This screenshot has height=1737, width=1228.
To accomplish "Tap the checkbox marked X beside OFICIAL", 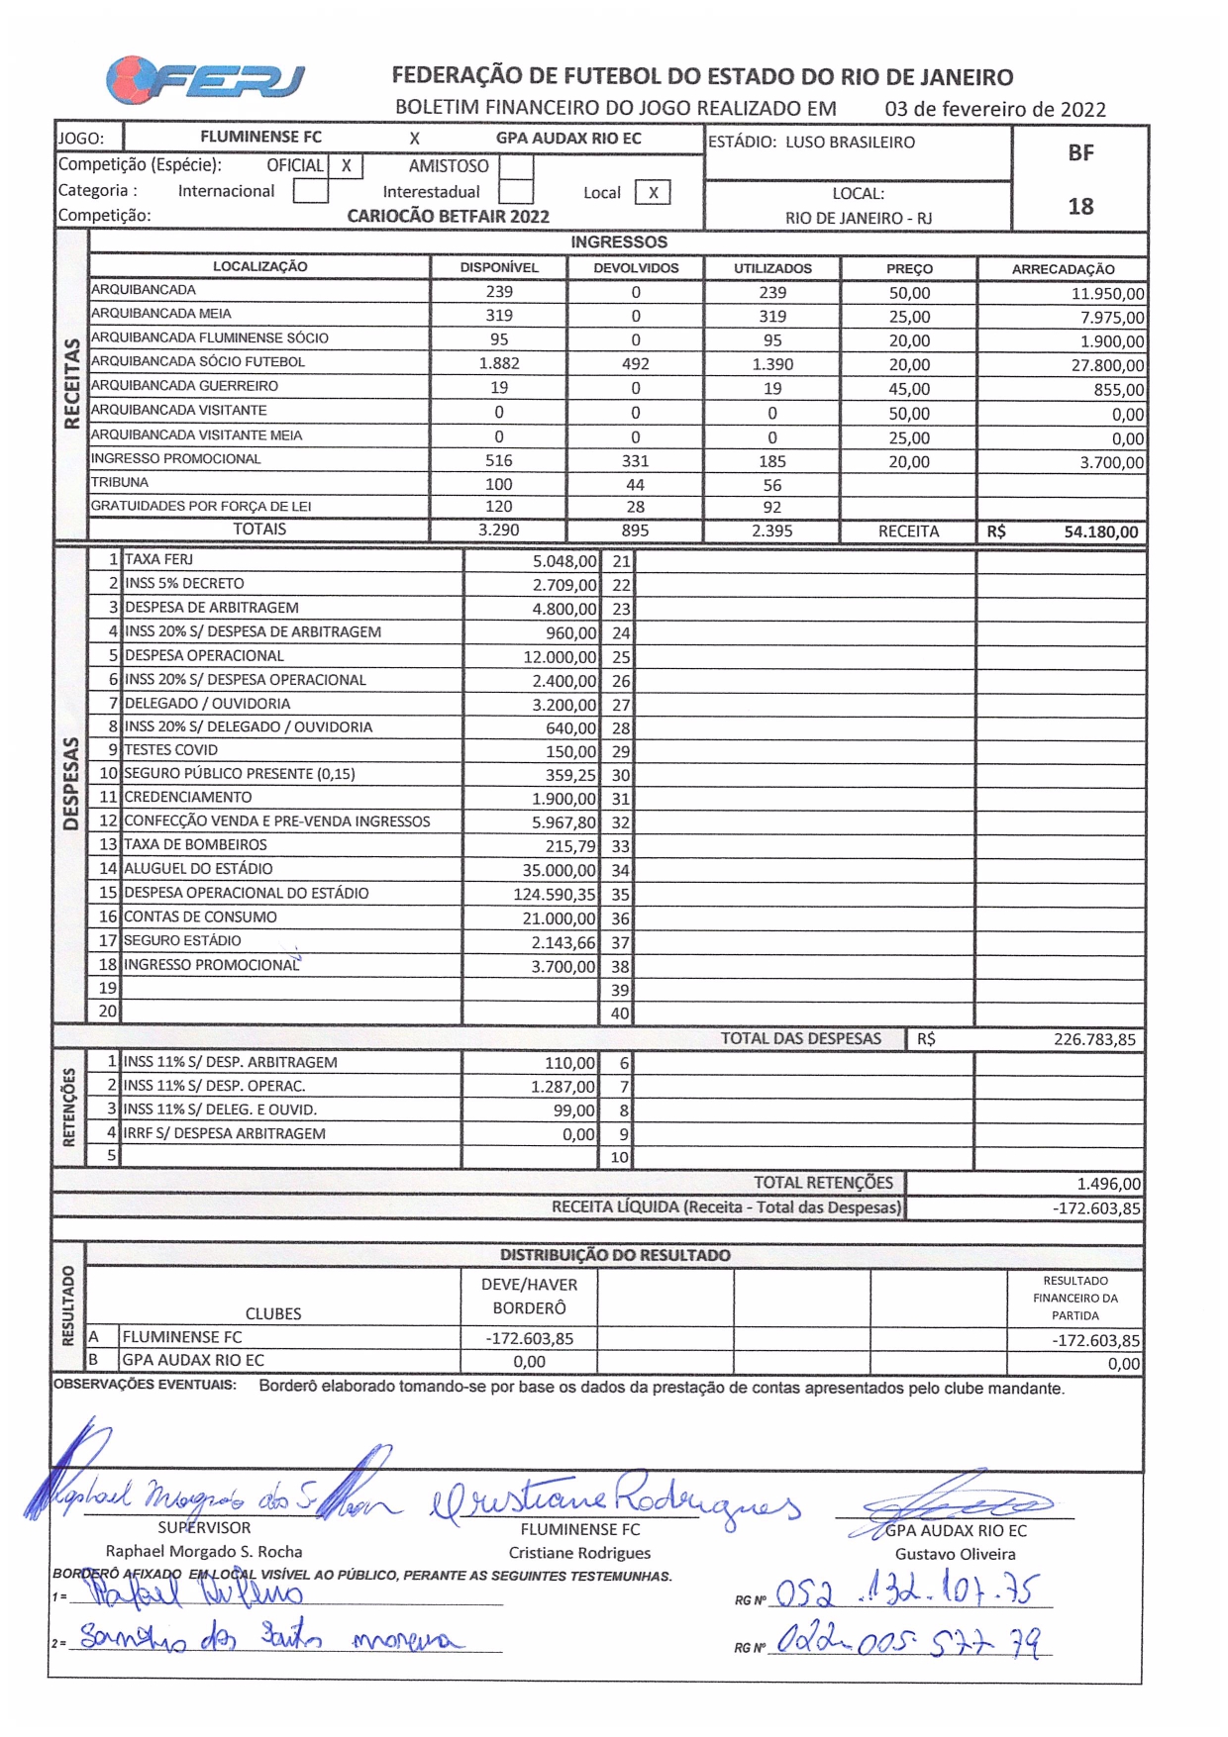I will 346,166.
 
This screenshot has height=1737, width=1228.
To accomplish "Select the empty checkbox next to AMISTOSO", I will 515,166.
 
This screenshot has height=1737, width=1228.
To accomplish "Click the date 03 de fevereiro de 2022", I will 994,109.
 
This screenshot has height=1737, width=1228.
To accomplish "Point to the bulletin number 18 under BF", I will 1080,206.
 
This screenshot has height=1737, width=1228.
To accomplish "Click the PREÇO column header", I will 909,268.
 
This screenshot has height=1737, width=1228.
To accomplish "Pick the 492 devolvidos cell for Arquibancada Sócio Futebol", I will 635,363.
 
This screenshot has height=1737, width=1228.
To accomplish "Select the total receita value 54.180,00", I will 1100,531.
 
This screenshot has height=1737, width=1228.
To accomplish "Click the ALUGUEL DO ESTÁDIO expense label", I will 198,869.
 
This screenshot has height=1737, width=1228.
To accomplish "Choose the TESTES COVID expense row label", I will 170,750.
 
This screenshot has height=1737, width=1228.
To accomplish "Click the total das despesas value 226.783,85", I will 1094,1039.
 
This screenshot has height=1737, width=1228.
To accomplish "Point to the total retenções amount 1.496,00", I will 1108,1184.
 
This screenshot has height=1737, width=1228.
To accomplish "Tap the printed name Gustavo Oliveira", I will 955,1554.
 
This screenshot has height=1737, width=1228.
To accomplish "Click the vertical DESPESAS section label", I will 70,783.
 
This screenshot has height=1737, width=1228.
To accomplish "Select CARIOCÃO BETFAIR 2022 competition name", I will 448,216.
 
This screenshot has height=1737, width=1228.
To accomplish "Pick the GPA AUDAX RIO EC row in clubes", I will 193,1360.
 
